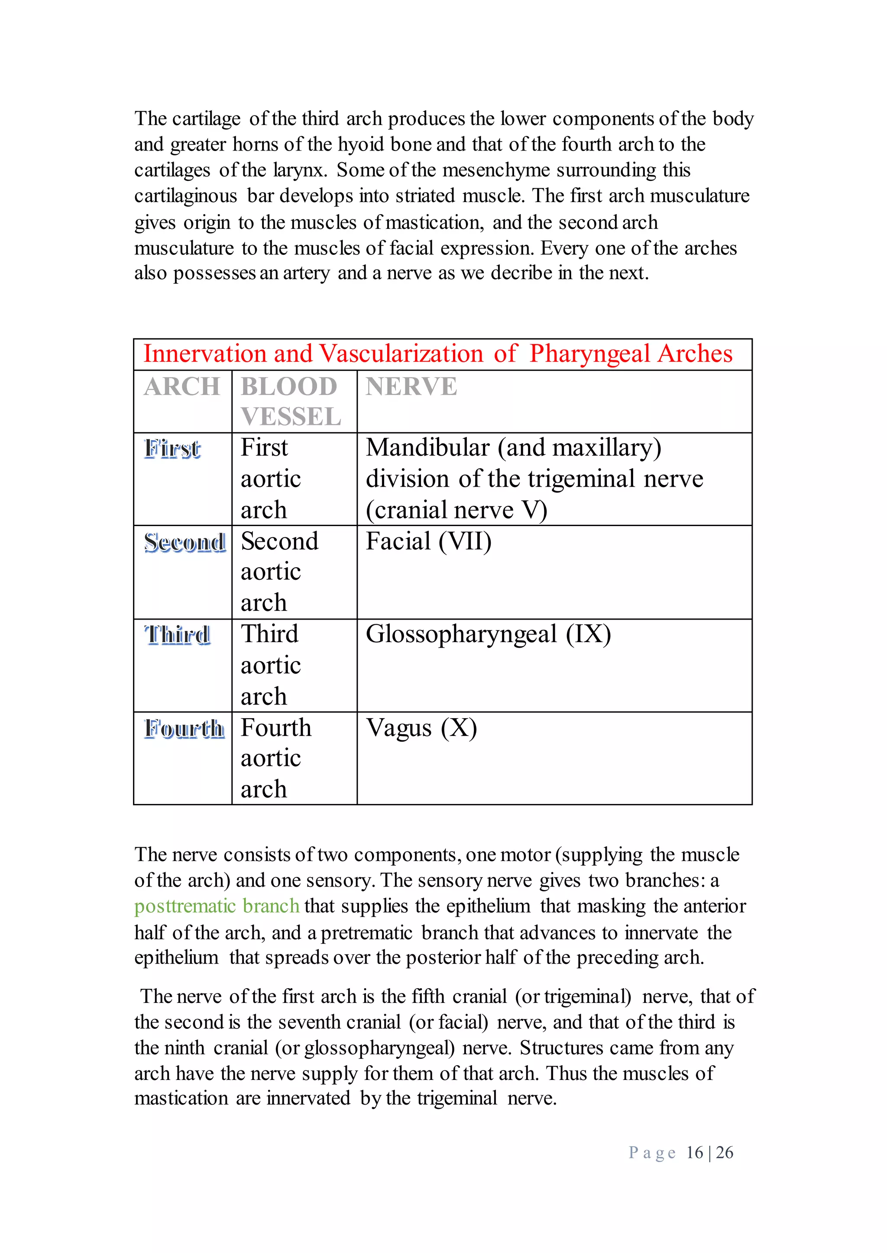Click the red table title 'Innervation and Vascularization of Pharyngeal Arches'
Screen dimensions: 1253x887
coord(437,353)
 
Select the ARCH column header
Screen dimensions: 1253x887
coord(182,387)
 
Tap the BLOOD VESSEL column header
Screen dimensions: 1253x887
coord(291,402)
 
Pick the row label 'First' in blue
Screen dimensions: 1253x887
coord(173,449)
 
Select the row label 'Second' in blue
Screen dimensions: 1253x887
coord(185,542)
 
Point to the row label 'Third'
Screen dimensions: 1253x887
coord(178,635)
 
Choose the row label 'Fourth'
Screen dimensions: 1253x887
coord(184,729)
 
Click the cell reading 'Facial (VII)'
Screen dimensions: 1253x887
coord(429,541)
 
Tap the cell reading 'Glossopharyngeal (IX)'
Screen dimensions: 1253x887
coord(488,634)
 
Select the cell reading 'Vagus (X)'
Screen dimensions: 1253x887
coord(421,728)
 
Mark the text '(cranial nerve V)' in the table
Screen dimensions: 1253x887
coord(456,510)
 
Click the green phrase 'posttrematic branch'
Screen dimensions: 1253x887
coord(217,906)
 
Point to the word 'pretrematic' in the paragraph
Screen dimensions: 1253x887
coord(366,933)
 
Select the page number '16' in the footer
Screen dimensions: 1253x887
coord(694,1153)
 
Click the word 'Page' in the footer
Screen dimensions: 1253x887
coord(652,1153)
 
